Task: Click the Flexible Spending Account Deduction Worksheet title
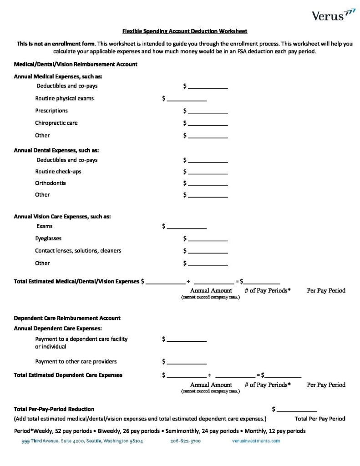point(184,31)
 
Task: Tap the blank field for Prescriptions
point(208,111)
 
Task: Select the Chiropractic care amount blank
point(208,123)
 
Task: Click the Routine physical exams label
point(65,98)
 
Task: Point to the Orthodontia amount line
point(208,183)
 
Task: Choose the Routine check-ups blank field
point(208,172)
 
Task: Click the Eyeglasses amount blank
point(208,239)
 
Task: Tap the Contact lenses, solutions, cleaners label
point(78,251)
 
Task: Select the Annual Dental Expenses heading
point(56,150)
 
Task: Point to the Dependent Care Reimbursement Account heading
point(67,318)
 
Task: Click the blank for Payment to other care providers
point(187,362)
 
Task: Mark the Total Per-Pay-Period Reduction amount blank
point(297,410)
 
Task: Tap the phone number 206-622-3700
point(186,441)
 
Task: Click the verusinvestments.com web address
point(256,441)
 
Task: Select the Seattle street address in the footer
point(82,441)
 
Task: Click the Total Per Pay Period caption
point(320,419)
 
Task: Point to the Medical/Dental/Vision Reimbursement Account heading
point(76,65)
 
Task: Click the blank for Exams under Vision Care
point(187,227)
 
